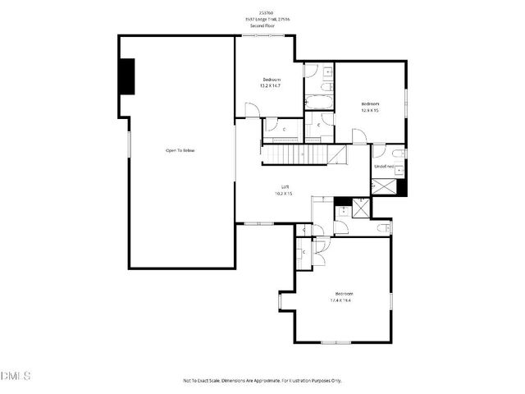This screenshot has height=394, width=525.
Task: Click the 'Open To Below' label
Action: (x=180, y=150)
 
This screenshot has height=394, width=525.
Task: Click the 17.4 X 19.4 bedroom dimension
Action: (x=343, y=300)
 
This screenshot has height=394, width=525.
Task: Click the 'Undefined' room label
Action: (x=383, y=167)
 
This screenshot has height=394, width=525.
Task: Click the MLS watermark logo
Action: (x=16, y=377)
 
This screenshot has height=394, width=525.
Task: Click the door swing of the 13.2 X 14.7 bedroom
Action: (x=252, y=109)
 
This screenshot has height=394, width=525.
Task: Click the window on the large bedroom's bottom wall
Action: (x=336, y=342)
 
